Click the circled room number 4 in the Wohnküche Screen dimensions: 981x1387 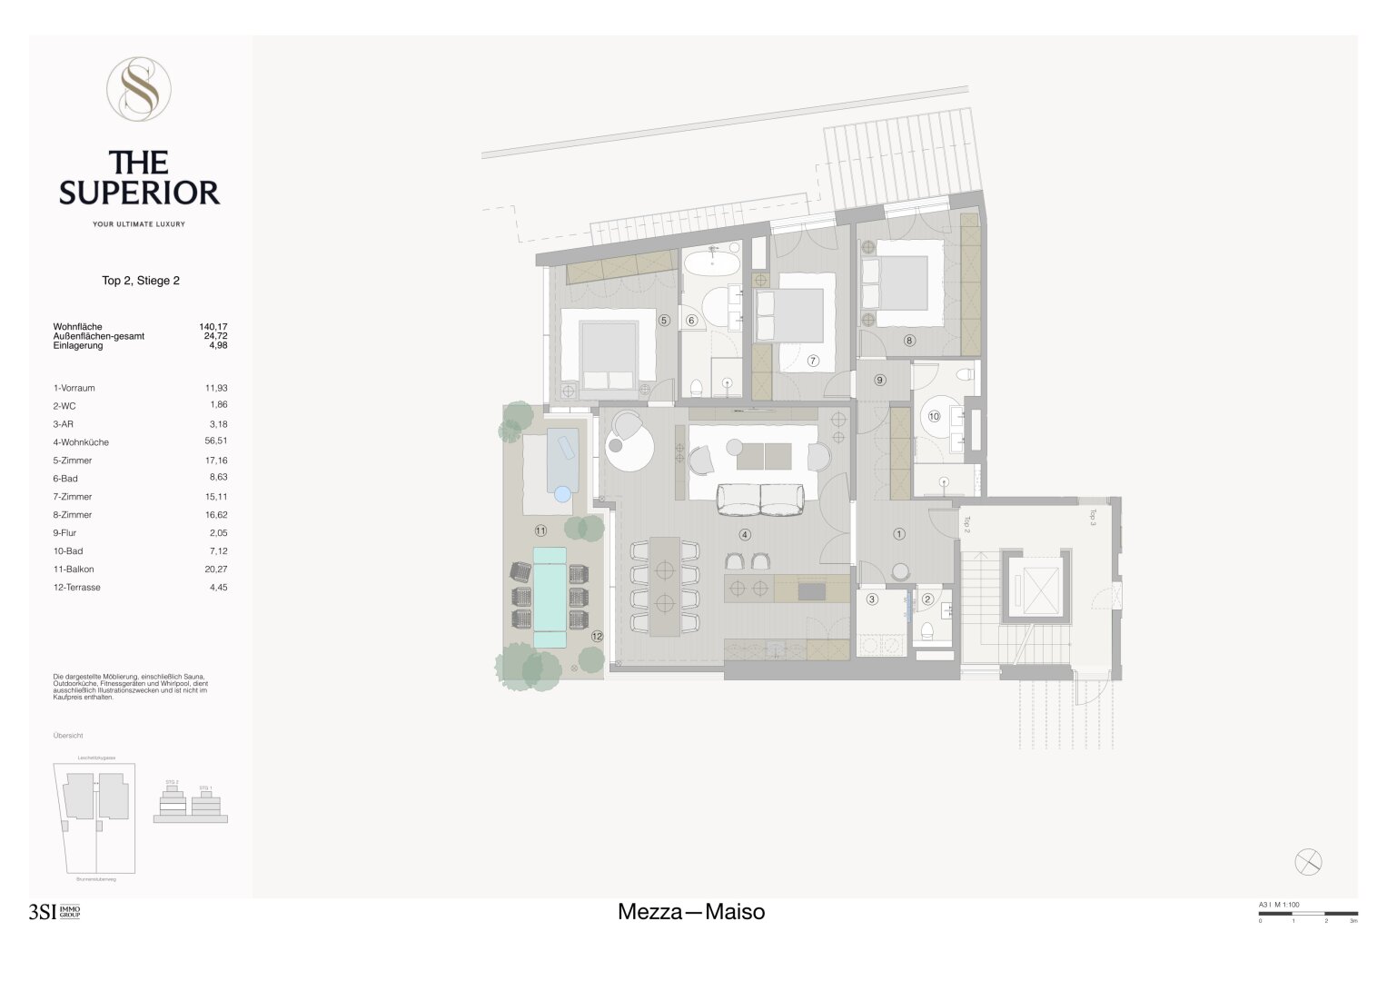tap(745, 535)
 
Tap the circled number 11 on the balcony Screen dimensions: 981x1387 tap(540, 530)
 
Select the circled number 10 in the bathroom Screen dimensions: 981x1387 tap(934, 417)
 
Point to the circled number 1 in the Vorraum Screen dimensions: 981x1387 tap(899, 535)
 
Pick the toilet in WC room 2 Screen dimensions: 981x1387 tap(927, 631)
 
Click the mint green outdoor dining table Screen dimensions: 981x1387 tap(549, 597)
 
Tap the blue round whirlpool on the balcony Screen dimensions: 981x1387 tap(562, 494)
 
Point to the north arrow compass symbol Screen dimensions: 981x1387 tap(1308, 862)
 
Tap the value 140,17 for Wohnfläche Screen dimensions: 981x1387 tap(213, 326)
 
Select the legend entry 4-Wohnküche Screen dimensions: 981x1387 tap(81, 442)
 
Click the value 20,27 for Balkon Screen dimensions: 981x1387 tap(216, 570)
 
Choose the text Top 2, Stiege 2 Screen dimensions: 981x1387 tap(141, 281)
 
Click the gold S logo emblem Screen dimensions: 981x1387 tap(139, 88)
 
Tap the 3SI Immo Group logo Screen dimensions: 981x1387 tap(54, 913)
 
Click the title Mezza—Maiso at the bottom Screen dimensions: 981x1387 tap(691, 912)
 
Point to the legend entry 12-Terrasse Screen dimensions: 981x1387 tap(77, 588)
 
